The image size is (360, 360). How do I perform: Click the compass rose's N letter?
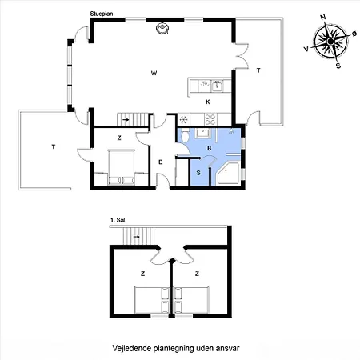323,18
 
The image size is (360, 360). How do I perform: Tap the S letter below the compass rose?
338,66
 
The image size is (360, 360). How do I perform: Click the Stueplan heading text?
102,14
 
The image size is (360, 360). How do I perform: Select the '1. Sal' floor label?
118,220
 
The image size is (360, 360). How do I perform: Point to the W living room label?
154,73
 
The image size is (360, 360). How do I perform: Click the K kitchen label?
208,102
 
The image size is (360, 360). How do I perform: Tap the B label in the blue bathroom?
210,148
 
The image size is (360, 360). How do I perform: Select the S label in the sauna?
198,173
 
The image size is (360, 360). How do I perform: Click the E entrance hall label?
160,162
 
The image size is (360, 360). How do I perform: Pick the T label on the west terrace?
54,146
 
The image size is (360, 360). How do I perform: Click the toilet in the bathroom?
184,135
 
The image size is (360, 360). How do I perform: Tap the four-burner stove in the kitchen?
210,119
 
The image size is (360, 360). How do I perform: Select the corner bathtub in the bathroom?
228,173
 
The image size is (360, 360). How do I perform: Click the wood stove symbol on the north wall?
162,29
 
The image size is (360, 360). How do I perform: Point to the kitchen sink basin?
218,86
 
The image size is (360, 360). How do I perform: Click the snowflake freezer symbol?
183,120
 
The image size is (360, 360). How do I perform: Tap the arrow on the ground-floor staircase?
126,120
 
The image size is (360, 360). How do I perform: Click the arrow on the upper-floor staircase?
136,237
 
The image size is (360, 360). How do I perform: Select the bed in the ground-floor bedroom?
121,167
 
